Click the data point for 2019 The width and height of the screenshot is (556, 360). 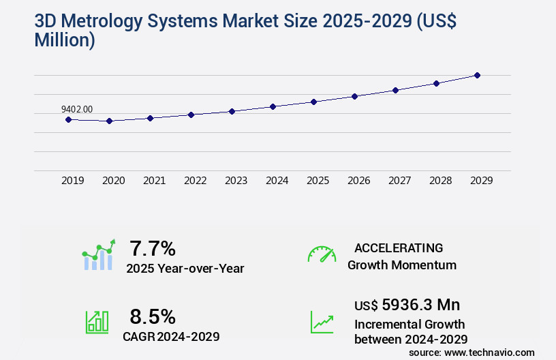coord(68,119)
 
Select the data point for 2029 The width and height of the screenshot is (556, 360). coord(477,75)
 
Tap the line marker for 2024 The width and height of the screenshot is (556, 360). coord(273,106)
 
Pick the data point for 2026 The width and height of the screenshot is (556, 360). coord(354,96)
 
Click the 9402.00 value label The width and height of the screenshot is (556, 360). coord(77,109)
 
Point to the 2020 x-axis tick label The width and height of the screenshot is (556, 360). coord(113,181)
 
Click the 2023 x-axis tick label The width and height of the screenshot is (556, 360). coord(236,181)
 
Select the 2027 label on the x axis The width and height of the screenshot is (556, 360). coord(399,181)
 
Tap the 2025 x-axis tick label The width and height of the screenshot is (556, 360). coord(318,181)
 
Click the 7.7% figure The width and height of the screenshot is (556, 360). coord(153,247)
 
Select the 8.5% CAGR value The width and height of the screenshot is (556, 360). coord(153,316)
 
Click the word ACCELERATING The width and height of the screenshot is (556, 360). coord(399,247)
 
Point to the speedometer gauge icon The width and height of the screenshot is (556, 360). coord(322,254)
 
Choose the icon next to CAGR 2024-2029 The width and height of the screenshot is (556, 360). coord(97,322)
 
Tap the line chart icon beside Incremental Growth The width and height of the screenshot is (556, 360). coord(322,322)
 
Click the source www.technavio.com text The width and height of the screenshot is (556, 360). coord(472,352)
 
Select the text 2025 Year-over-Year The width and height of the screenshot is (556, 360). coord(185,269)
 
